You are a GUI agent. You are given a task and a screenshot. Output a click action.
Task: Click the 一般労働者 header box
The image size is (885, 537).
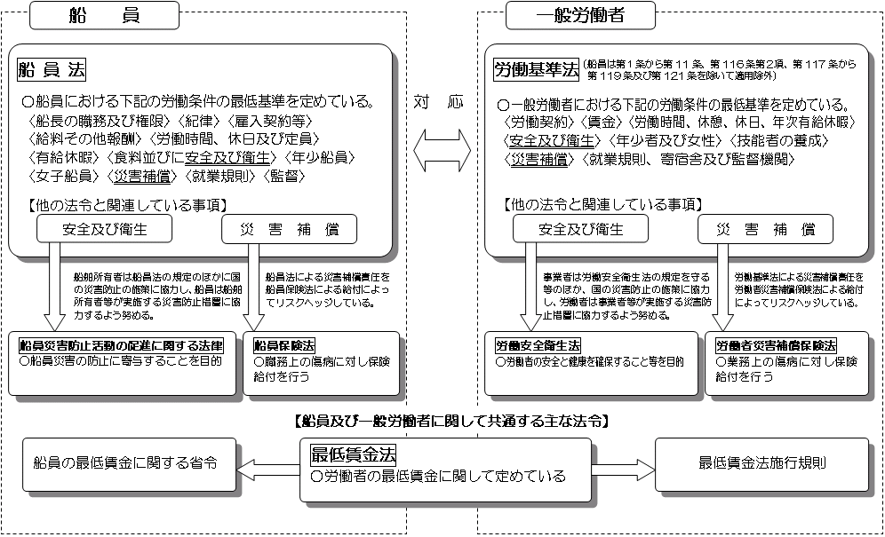pyautogui.click(x=581, y=15)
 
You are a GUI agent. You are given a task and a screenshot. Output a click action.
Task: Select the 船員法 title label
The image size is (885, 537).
pyautogui.click(x=52, y=68)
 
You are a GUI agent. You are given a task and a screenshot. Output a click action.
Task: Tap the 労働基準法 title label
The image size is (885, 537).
pyautogui.click(x=535, y=68)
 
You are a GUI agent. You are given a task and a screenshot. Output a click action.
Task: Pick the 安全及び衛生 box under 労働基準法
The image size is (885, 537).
pyautogui.click(x=581, y=229)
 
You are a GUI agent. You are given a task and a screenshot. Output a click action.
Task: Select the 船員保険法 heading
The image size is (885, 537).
pyautogui.click(x=284, y=344)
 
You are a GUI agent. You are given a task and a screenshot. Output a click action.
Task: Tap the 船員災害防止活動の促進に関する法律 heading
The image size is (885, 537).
pyautogui.click(x=122, y=344)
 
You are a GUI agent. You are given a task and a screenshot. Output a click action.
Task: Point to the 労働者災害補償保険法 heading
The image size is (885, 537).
pyautogui.click(x=776, y=344)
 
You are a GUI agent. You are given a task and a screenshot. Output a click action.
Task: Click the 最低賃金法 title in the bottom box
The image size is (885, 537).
pyautogui.click(x=353, y=454)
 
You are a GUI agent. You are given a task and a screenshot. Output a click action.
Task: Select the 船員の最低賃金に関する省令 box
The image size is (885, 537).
pyautogui.click(x=124, y=463)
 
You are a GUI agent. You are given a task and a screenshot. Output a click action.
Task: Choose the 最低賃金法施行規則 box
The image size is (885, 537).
pyautogui.click(x=763, y=463)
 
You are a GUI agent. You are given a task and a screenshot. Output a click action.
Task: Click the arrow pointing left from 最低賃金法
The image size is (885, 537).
pyautogui.click(x=271, y=463)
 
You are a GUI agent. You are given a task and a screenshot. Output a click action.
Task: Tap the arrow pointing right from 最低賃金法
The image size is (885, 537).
pyautogui.click(x=622, y=463)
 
